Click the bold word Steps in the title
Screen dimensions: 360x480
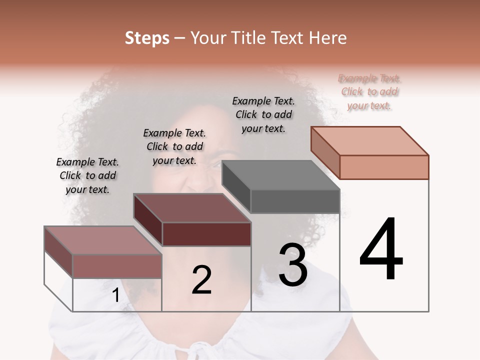coord(147,38)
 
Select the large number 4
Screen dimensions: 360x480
coord(381,249)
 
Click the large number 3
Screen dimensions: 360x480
coord(292,264)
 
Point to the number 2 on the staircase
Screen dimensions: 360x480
coord(201,280)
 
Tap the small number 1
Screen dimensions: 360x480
coord(115,295)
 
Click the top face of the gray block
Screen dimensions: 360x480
coord(280,175)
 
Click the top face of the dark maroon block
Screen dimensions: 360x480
coord(192,208)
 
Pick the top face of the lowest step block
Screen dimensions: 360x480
coord(103,240)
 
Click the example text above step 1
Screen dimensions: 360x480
coord(87,175)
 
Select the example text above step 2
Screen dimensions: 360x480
coord(174,146)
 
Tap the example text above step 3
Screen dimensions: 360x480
coord(263,114)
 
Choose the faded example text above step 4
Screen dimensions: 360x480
coord(369,91)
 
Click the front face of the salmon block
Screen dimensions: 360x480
coord(384,167)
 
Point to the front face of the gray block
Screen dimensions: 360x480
coord(295,201)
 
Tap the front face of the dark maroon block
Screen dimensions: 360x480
coord(206,234)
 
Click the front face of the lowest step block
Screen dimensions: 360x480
coord(117,266)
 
